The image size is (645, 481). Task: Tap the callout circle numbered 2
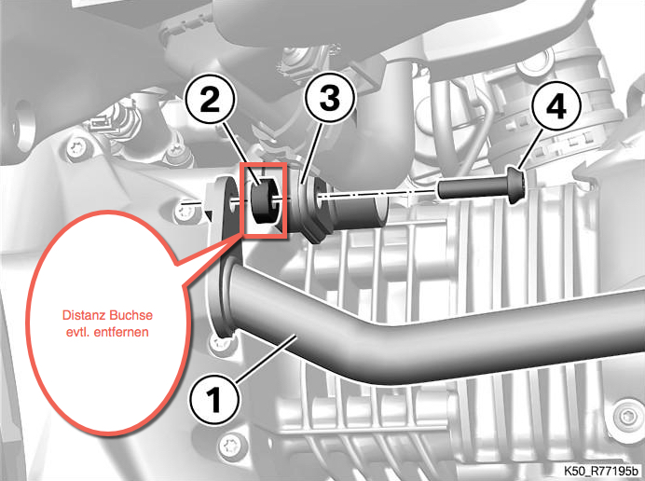click(x=210, y=100)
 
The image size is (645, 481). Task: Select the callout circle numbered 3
click(x=329, y=99)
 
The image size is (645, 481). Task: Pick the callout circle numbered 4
click(x=556, y=107)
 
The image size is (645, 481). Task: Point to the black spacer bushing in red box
click(x=263, y=201)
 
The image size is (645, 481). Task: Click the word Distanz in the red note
click(x=84, y=316)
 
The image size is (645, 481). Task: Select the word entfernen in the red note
click(x=121, y=332)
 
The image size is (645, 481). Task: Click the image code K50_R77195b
click(x=600, y=470)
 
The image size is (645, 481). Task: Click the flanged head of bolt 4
click(x=517, y=186)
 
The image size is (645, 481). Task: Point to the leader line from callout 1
click(x=266, y=357)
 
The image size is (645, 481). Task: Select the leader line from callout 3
click(x=310, y=151)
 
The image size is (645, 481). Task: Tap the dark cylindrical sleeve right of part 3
click(x=354, y=210)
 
